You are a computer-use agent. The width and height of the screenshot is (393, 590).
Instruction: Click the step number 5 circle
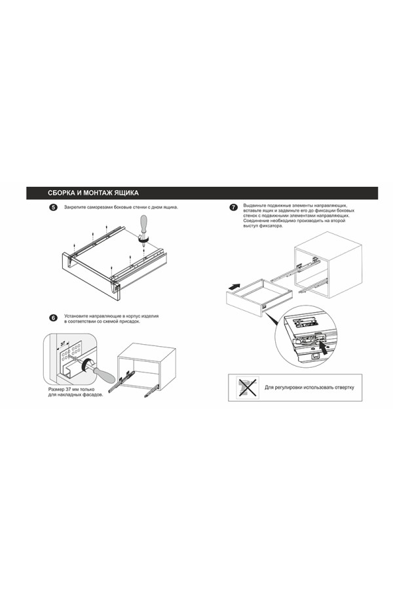pos(54,208)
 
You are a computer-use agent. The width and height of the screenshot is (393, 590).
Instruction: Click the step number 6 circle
pos(54,317)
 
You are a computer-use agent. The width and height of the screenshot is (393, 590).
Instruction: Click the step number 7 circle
pos(234,208)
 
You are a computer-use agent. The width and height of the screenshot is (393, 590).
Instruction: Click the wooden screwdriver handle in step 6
pos(102,373)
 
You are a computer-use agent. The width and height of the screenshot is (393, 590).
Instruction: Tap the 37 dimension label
pos(63,342)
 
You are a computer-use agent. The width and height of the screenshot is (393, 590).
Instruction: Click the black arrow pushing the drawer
pos(233,286)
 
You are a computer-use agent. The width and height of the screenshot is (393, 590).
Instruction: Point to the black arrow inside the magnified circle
pos(324,345)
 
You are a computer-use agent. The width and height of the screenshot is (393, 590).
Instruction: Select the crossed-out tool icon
pos(248,387)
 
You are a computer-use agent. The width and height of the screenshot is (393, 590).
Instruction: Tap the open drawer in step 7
pos(259,299)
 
